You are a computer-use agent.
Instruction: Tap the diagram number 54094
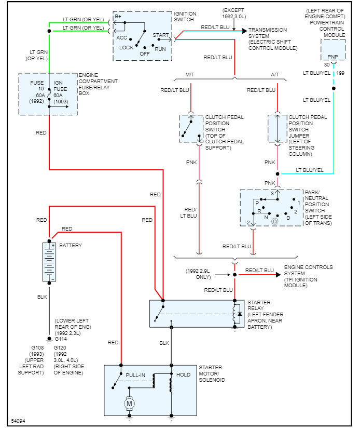pyautogui.click(x=19, y=421)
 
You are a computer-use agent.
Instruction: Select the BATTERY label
pyautogui.click(x=70, y=245)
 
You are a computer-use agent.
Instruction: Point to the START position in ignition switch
pyautogui.click(x=160, y=35)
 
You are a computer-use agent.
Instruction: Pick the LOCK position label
pyautogui.click(x=127, y=47)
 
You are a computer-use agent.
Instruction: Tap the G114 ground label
pyautogui.click(x=62, y=339)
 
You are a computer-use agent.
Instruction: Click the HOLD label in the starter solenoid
pyautogui.click(x=184, y=374)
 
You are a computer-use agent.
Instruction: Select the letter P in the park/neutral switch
pyautogui.click(x=257, y=204)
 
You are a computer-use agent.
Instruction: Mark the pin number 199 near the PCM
pyautogui.click(x=340, y=73)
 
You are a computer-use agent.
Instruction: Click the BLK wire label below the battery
pyautogui.click(x=42, y=297)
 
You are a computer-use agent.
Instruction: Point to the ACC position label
pyautogui.click(x=122, y=37)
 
